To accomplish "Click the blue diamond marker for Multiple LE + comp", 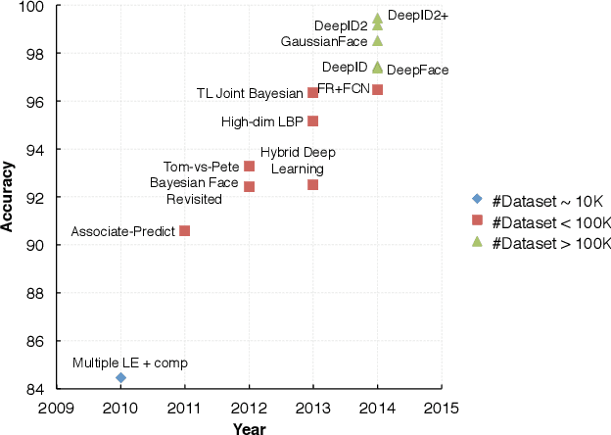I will [120, 377].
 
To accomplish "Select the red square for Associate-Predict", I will [185, 231].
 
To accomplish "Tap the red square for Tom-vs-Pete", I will [249, 167].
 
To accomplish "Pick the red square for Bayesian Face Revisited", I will [249, 186].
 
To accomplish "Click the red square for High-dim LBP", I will [312, 121].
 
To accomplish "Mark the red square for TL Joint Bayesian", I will [312, 92].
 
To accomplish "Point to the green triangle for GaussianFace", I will [377, 41].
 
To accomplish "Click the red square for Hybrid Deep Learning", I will [312, 184].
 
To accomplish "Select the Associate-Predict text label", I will [122, 232].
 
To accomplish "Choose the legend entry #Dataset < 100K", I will [541, 220].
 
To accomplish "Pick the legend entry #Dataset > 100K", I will [541, 242].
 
